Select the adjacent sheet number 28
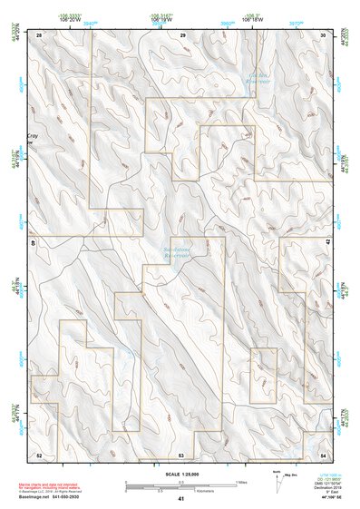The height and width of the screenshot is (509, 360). tap(40, 34)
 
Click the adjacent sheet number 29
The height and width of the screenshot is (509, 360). tap(182, 34)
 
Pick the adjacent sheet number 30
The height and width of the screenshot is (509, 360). tap(324, 34)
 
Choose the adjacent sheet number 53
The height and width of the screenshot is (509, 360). tap(181, 454)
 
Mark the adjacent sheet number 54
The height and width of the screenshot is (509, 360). tap(324, 454)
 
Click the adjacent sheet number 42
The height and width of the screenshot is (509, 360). tap(328, 243)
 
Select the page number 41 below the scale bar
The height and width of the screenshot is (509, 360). tap(181, 499)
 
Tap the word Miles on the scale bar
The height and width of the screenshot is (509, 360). tap(241, 482)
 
